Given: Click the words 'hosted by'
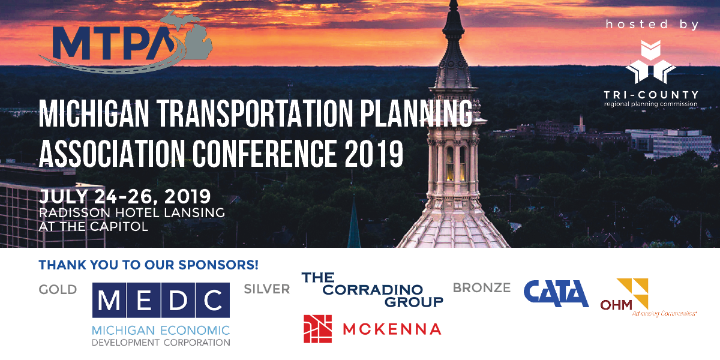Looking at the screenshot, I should [x=652, y=25].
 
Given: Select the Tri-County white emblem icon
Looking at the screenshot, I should [x=651, y=62].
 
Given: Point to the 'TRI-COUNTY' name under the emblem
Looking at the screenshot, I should [x=651, y=95].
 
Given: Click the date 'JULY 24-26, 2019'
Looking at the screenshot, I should [x=125, y=196].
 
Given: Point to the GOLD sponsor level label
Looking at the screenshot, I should [x=58, y=290].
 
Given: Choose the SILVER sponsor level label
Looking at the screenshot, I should [x=266, y=289].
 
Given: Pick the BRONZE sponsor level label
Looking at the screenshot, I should [x=481, y=288].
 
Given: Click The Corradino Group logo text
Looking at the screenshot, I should [x=372, y=289].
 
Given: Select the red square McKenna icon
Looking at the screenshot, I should [x=317, y=328].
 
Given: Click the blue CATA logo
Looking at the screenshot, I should [x=556, y=293].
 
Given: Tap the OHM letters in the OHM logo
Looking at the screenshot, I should [x=616, y=304].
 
